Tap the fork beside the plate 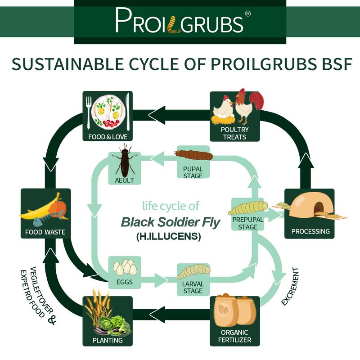[88, 112]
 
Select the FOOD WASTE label [45, 232]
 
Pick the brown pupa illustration [194, 155]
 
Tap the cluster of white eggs [125, 267]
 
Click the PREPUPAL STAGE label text [248, 223]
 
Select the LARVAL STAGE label [193, 288]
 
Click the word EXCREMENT [290, 287]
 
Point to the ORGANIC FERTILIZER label [234, 336]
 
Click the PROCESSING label [310, 231]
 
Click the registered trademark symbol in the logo [248, 14]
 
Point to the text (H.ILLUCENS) [169, 236]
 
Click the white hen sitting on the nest [223, 109]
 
